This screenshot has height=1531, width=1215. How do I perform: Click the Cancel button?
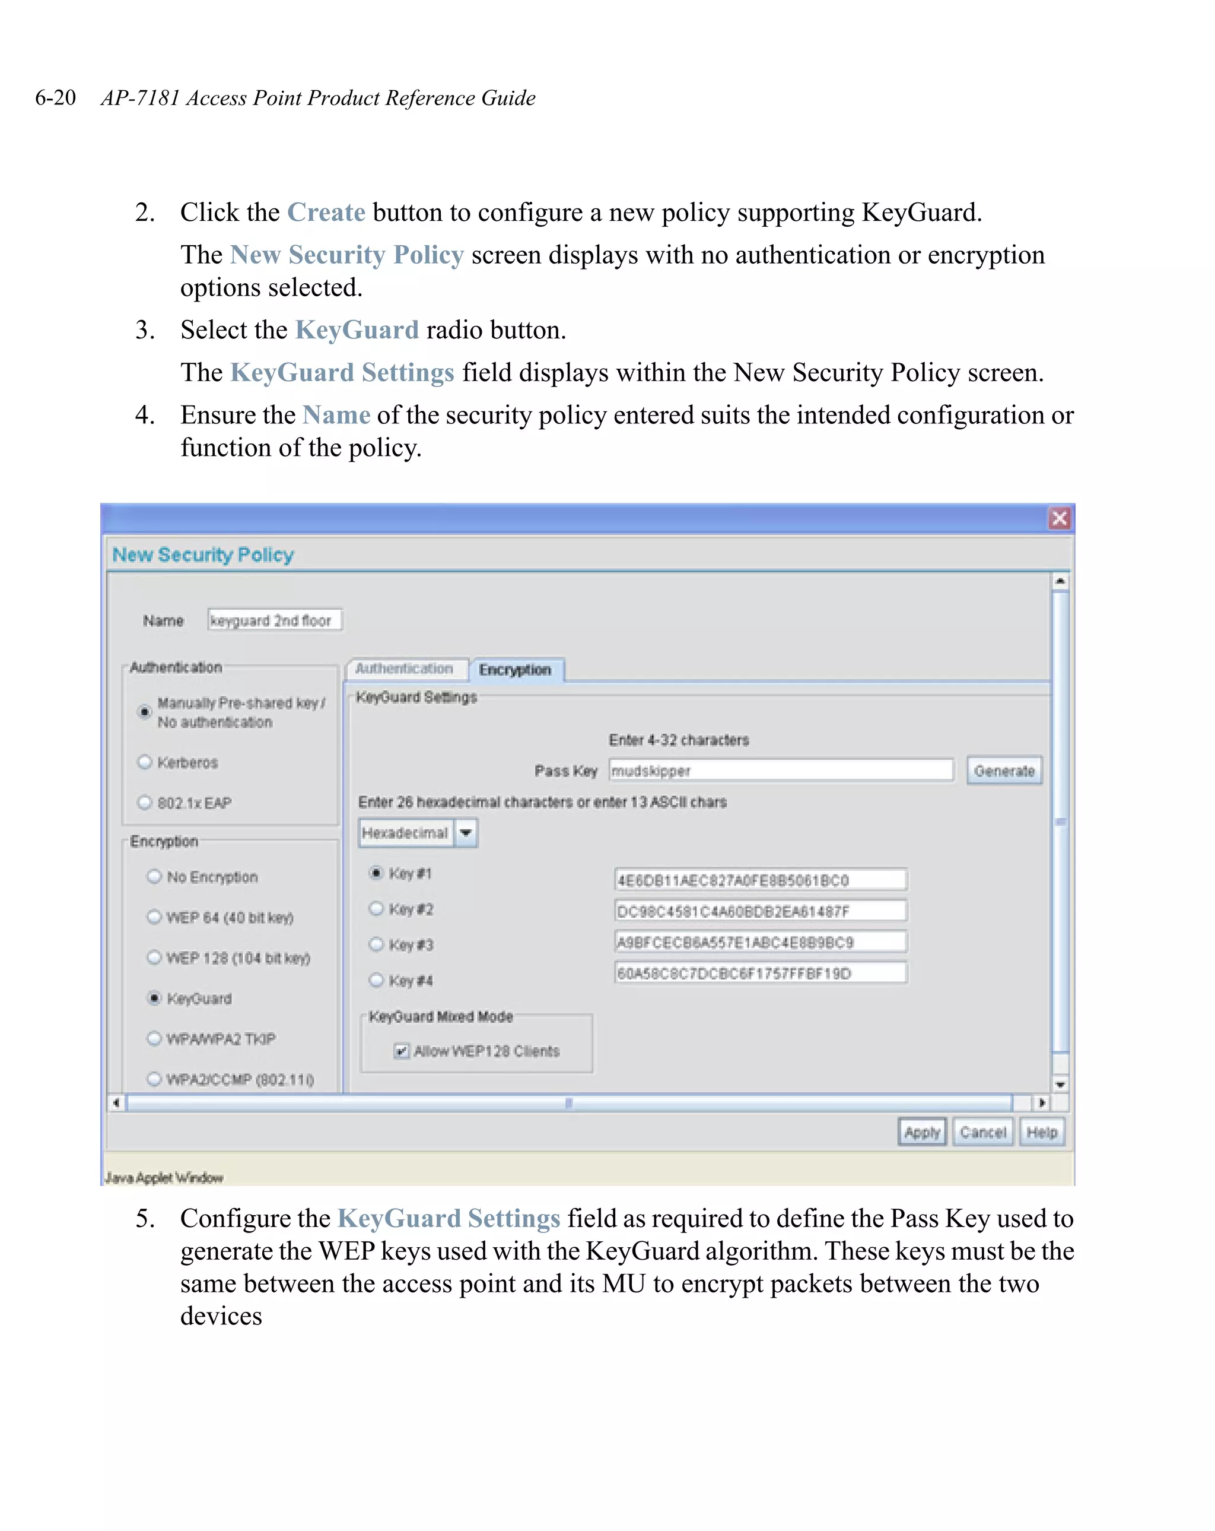click(982, 1132)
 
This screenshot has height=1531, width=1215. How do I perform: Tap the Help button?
click(1041, 1132)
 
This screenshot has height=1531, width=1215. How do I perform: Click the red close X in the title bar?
click(1059, 518)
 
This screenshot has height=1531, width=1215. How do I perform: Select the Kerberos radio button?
click(145, 762)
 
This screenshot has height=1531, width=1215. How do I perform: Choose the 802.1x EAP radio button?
click(145, 803)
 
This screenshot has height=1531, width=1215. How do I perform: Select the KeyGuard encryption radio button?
click(154, 998)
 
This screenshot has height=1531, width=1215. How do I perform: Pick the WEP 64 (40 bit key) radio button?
click(154, 917)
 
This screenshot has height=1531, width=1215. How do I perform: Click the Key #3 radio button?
click(376, 944)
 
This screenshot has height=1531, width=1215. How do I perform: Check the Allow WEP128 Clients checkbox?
click(402, 1050)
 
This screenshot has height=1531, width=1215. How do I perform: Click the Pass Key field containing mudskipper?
click(780, 771)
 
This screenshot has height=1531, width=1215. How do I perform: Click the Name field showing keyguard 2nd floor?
click(274, 620)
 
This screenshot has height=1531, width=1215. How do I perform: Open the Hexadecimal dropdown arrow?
click(466, 832)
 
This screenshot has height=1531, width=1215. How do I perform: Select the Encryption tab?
click(514, 670)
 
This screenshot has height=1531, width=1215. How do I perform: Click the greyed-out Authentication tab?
click(404, 669)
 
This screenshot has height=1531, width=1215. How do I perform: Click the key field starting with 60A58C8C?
click(759, 973)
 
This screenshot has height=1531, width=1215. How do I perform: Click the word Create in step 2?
click(326, 213)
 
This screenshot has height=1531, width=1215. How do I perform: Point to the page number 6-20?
click(55, 97)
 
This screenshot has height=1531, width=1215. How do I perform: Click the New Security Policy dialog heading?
click(203, 554)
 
